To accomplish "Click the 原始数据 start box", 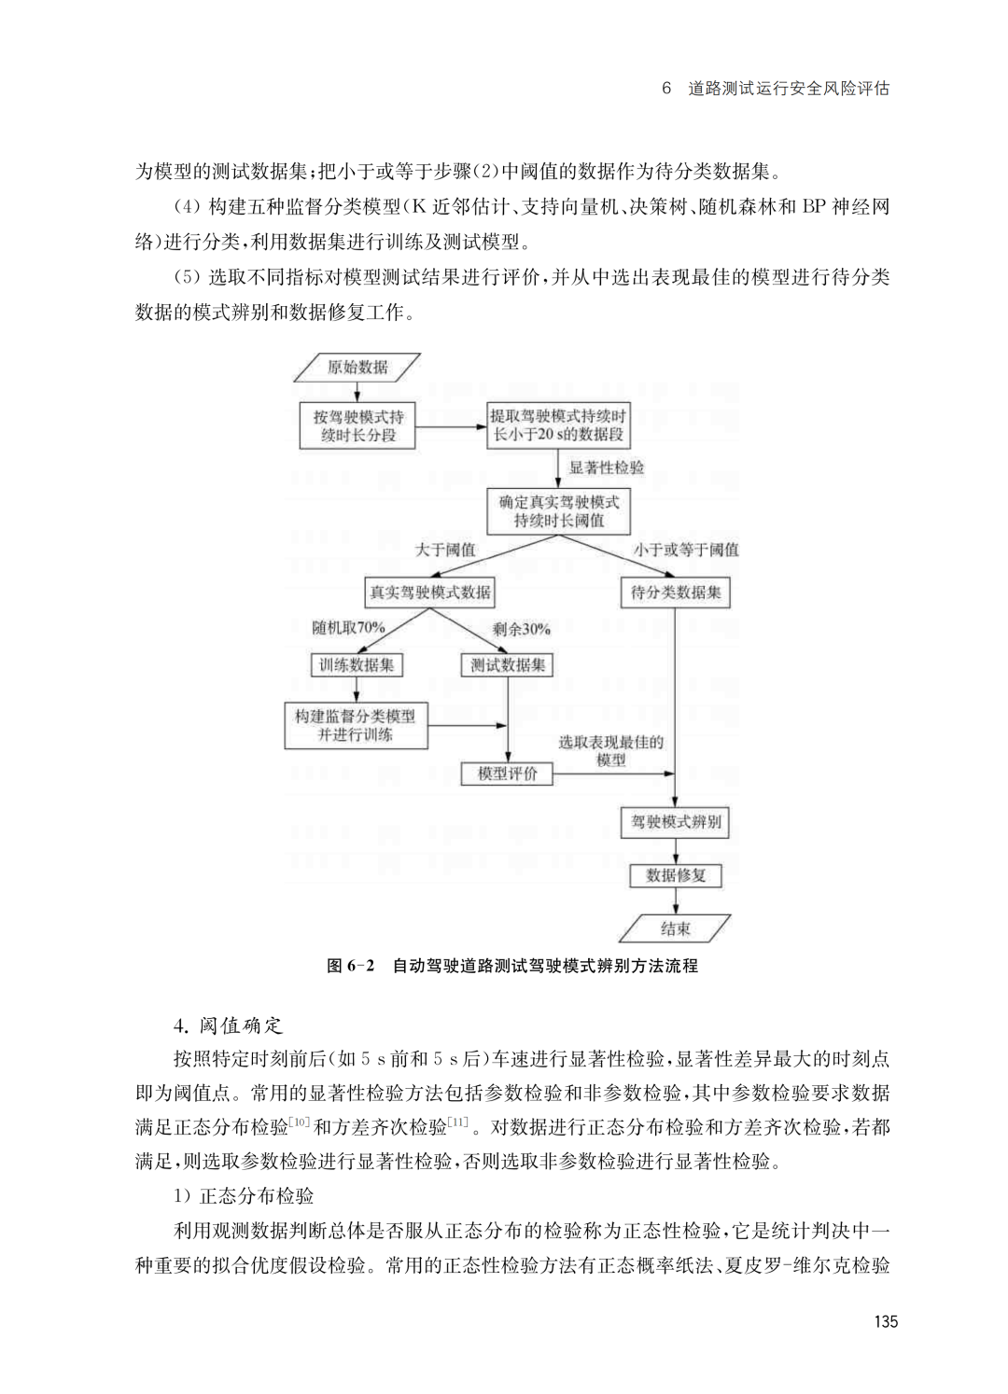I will point(357,368).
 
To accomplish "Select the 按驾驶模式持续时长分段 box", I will point(358,426).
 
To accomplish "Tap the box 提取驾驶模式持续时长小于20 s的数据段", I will point(558,426).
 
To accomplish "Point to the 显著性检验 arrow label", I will point(607,467).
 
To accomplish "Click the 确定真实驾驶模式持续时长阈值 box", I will point(559,511).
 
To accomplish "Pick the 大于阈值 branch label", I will point(445,550).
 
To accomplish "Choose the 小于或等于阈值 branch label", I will point(686,550).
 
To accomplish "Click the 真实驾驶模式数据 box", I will point(429,592).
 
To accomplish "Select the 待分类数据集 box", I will point(676,592).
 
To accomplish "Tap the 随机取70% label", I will point(348,628).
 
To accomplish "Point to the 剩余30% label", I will point(522,629).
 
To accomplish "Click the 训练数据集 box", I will point(357,665).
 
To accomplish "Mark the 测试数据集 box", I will point(508,665).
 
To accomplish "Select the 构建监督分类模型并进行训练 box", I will point(356,726).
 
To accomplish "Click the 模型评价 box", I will point(508,774).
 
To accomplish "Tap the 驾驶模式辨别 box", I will point(676,822).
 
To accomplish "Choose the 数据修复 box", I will point(676,875).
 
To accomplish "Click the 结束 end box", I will point(676,928).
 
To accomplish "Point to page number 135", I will point(886,1321).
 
